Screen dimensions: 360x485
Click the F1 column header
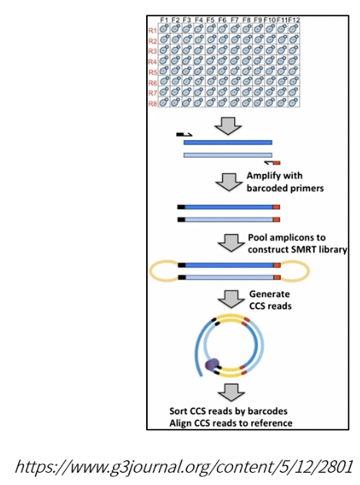pyautogui.click(x=164, y=20)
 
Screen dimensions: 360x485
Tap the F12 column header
pyautogui.click(x=294, y=20)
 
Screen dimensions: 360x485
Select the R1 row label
pyautogui.click(x=152, y=30)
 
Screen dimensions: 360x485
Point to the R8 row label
pyautogui.click(x=152, y=103)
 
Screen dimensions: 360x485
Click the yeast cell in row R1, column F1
pyautogui.click(x=164, y=28)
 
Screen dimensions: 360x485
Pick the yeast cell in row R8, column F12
pyautogui.click(x=294, y=102)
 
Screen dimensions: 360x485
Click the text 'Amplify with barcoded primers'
pyautogui.click(x=285, y=182)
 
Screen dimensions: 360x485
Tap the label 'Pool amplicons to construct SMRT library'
pyautogui.click(x=297, y=243)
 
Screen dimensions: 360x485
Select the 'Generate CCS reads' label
pyautogui.click(x=270, y=299)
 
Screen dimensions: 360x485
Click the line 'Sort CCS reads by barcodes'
pyautogui.click(x=228, y=411)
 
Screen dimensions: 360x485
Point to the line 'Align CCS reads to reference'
pyautogui.click(x=231, y=423)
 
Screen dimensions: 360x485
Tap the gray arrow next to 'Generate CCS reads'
pyautogui.click(x=231, y=299)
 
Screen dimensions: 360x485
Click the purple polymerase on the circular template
pyautogui.click(x=212, y=364)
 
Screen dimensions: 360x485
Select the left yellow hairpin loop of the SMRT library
pyautogui.click(x=165, y=271)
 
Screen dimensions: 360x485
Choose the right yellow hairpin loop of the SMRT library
pyautogui.click(x=295, y=271)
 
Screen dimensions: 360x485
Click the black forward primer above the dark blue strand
pyautogui.click(x=184, y=135)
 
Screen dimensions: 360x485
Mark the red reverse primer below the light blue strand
pyautogui.click(x=272, y=162)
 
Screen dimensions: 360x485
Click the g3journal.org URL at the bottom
pyautogui.click(x=184, y=467)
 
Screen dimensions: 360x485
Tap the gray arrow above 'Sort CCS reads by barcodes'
pyautogui.click(x=231, y=393)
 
